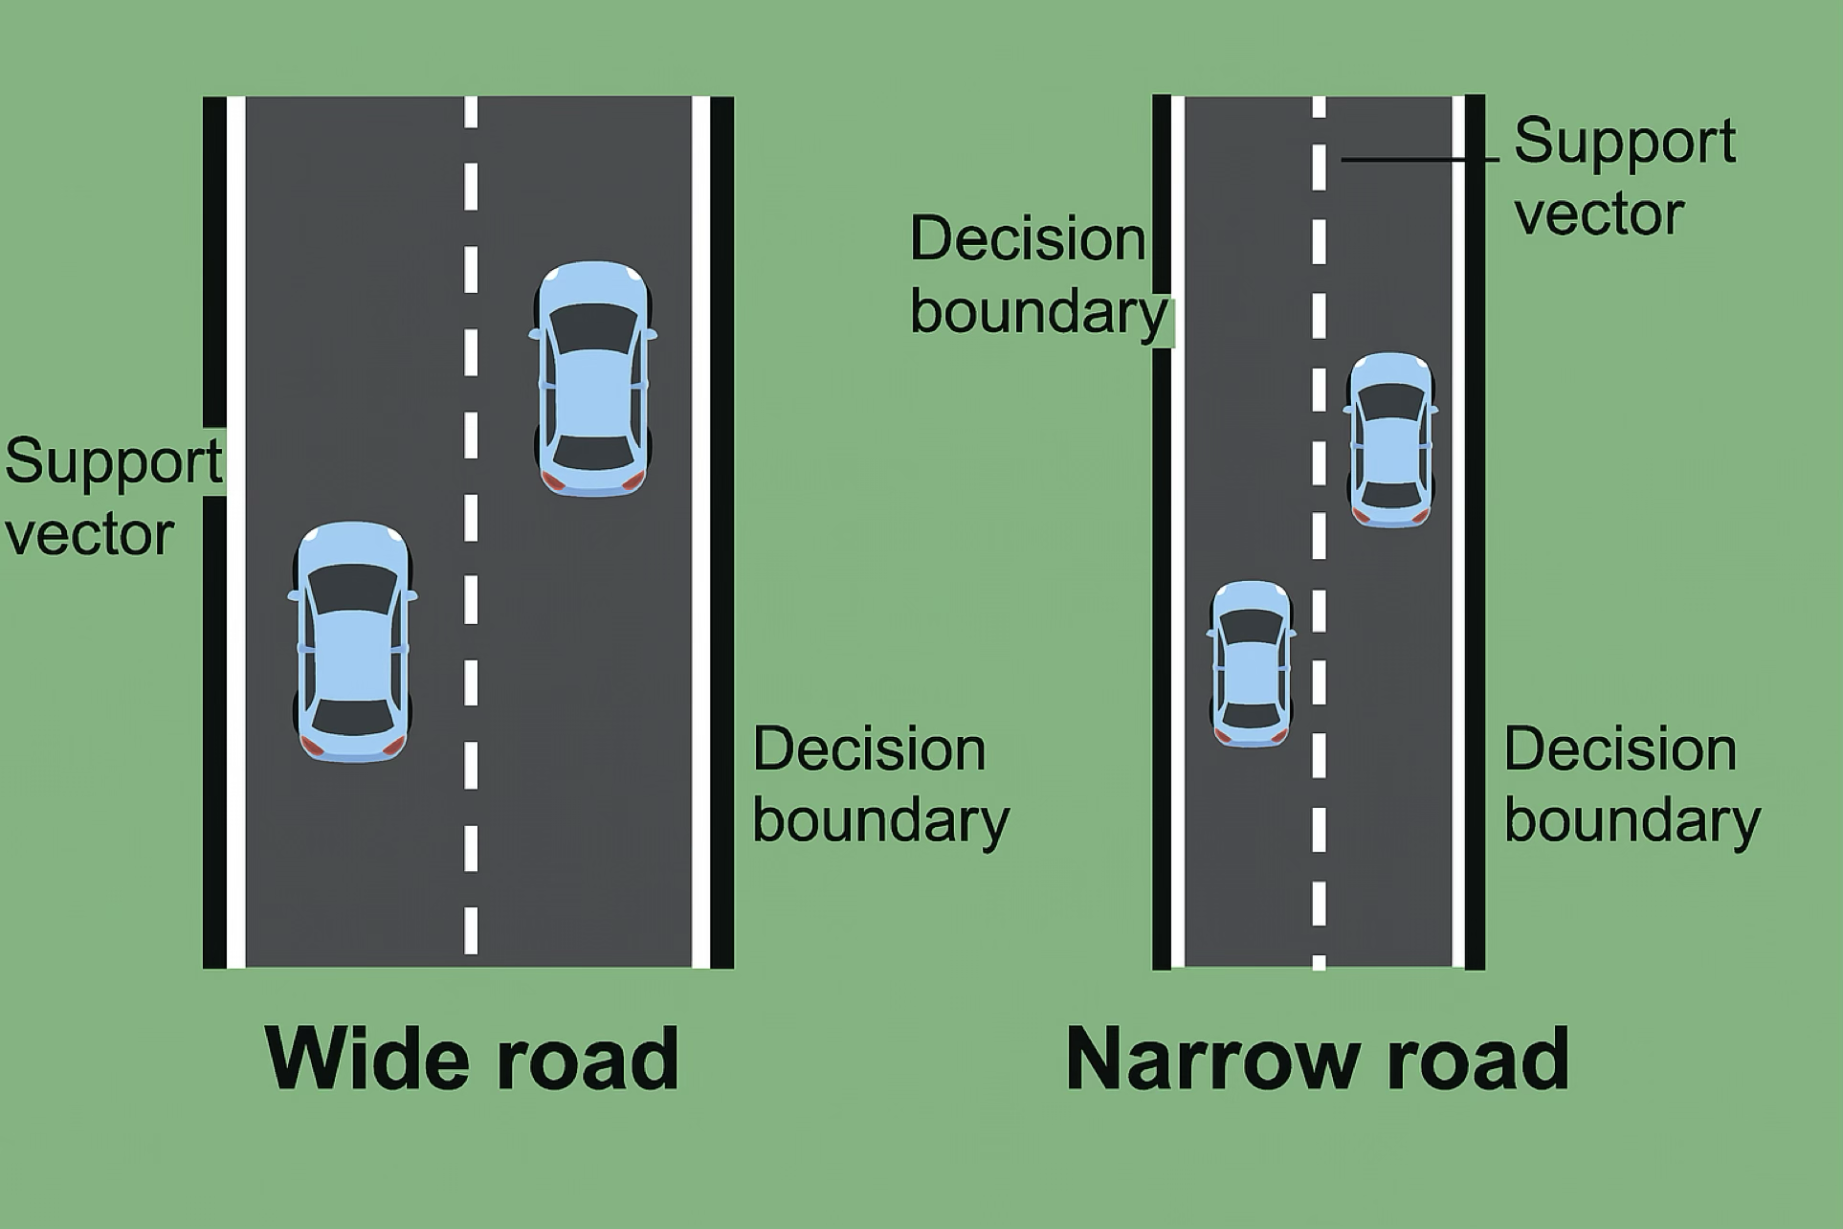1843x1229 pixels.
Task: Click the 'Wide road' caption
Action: coord(472,1058)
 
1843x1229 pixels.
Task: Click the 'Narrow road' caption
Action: coord(1318,1058)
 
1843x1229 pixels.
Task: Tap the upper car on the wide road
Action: coord(592,379)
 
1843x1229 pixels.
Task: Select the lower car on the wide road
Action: coord(353,642)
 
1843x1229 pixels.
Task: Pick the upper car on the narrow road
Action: coord(1391,440)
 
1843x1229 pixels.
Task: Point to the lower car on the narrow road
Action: coord(1252,663)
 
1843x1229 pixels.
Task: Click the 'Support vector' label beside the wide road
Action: coord(113,496)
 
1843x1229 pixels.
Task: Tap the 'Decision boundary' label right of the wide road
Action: coord(880,784)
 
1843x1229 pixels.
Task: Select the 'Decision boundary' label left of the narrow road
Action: coord(1038,274)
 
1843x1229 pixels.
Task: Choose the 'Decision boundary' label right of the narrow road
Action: coord(1632,784)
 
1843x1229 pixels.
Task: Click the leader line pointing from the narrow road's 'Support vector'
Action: coord(1420,159)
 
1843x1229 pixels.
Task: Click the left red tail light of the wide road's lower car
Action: coord(312,746)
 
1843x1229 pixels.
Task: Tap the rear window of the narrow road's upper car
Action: coord(1391,494)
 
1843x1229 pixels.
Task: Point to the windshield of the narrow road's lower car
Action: coord(1252,627)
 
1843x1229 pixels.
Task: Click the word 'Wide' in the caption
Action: coord(361,1058)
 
